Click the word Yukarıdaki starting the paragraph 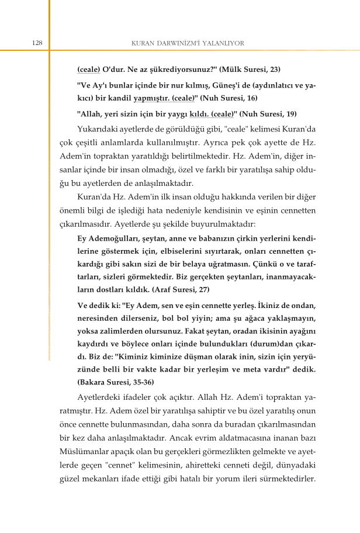click(x=99, y=129)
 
